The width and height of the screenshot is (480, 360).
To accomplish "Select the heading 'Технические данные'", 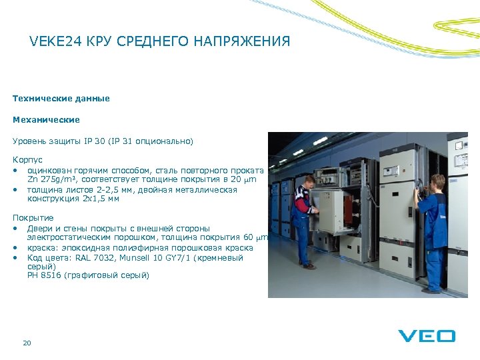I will [x=61, y=99].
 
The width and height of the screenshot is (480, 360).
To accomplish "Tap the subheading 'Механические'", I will [x=46, y=120].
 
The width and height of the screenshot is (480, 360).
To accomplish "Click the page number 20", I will [x=27, y=343].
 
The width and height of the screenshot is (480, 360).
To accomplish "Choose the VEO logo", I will [x=427, y=336].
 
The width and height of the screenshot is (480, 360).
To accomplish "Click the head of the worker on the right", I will [x=438, y=181].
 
